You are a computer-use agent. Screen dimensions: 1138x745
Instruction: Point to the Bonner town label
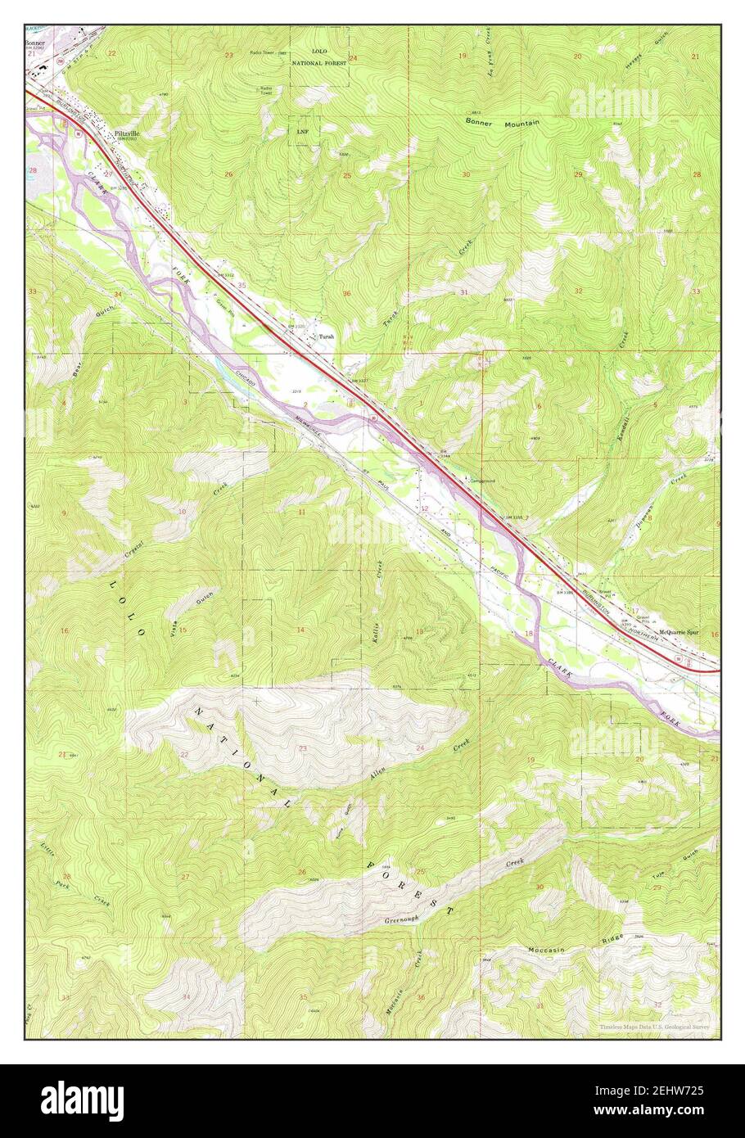[34, 43]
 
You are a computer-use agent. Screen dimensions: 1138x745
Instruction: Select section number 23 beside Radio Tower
[229, 55]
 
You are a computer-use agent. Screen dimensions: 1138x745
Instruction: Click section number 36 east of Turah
[347, 293]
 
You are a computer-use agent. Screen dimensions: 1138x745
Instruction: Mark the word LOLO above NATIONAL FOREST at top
[319, 51]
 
